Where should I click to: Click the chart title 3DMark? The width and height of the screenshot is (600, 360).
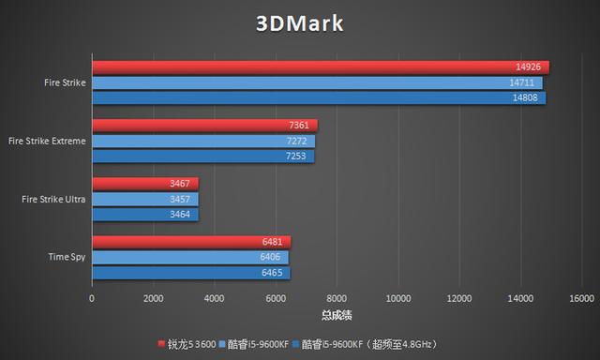(x=300, y=23)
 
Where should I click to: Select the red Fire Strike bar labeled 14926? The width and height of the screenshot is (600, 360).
(x=319, y=67)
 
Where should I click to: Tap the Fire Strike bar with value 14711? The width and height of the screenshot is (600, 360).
(x=317, y=82)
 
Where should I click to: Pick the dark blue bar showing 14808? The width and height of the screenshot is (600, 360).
(x=318, y=97)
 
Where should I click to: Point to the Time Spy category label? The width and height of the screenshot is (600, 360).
(x=67, y=257)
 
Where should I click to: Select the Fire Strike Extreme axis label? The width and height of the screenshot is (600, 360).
(x=47, y=141)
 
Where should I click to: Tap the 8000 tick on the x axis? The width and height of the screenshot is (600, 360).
(x=337, y=298)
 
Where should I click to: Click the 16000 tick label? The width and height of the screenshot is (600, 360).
(x=580, y=298)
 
